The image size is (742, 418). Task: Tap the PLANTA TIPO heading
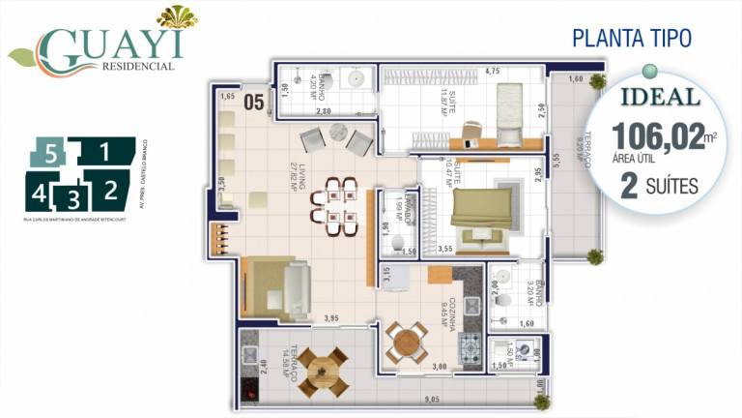click(x=631, y=39)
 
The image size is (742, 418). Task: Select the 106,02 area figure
click(x=657, y=136)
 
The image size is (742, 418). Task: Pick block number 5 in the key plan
click(x=53, y=151)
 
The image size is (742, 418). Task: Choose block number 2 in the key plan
click(x=110, y=189)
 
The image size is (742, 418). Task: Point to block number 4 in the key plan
click(x=39, y=193)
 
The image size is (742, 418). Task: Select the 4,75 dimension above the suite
click(x=492, y=71)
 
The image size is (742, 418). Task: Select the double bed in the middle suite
click(x=481, y=209)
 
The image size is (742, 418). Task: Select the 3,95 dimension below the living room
click(x=331, y=318)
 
